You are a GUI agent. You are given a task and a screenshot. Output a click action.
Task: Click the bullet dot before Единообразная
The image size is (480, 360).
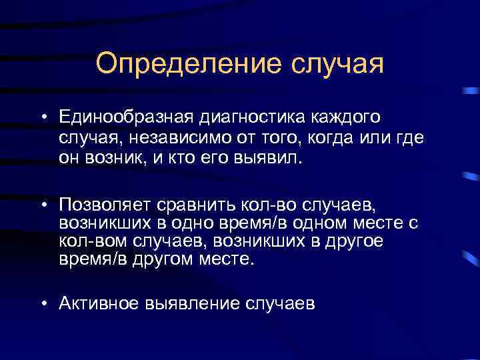coord(42,119)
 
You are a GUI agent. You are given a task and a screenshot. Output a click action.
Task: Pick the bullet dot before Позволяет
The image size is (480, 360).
coord(42,203)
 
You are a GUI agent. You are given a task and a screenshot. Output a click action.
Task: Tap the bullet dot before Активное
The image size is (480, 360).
coord(42,305)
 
